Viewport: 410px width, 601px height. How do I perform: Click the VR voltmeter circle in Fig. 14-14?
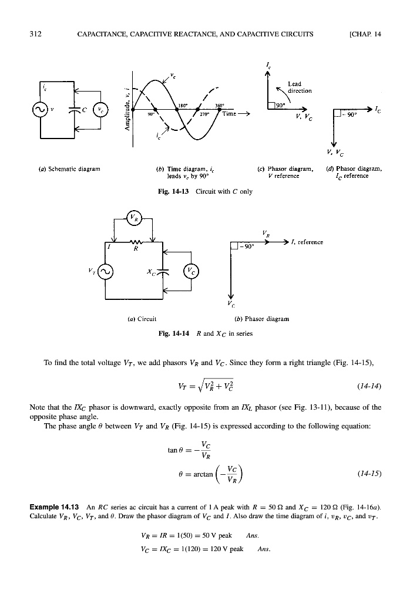135,222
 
